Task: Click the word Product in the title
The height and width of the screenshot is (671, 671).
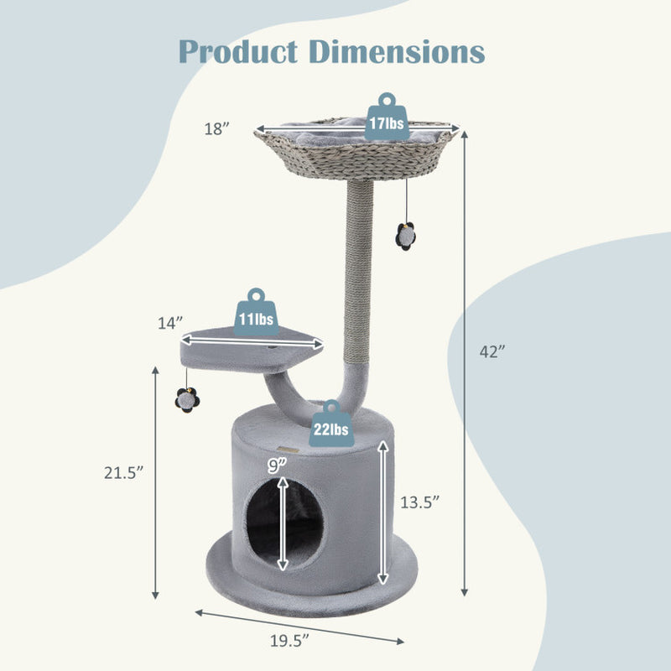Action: coord(240,51)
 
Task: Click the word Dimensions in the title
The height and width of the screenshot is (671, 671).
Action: coord(398,51)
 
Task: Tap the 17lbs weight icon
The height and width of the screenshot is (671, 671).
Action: coord(386,118)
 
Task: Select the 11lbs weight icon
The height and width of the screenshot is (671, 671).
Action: coord(256,315)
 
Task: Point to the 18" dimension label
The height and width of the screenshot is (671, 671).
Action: coord(216,128)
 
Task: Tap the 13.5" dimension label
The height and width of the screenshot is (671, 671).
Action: coord(419,503)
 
